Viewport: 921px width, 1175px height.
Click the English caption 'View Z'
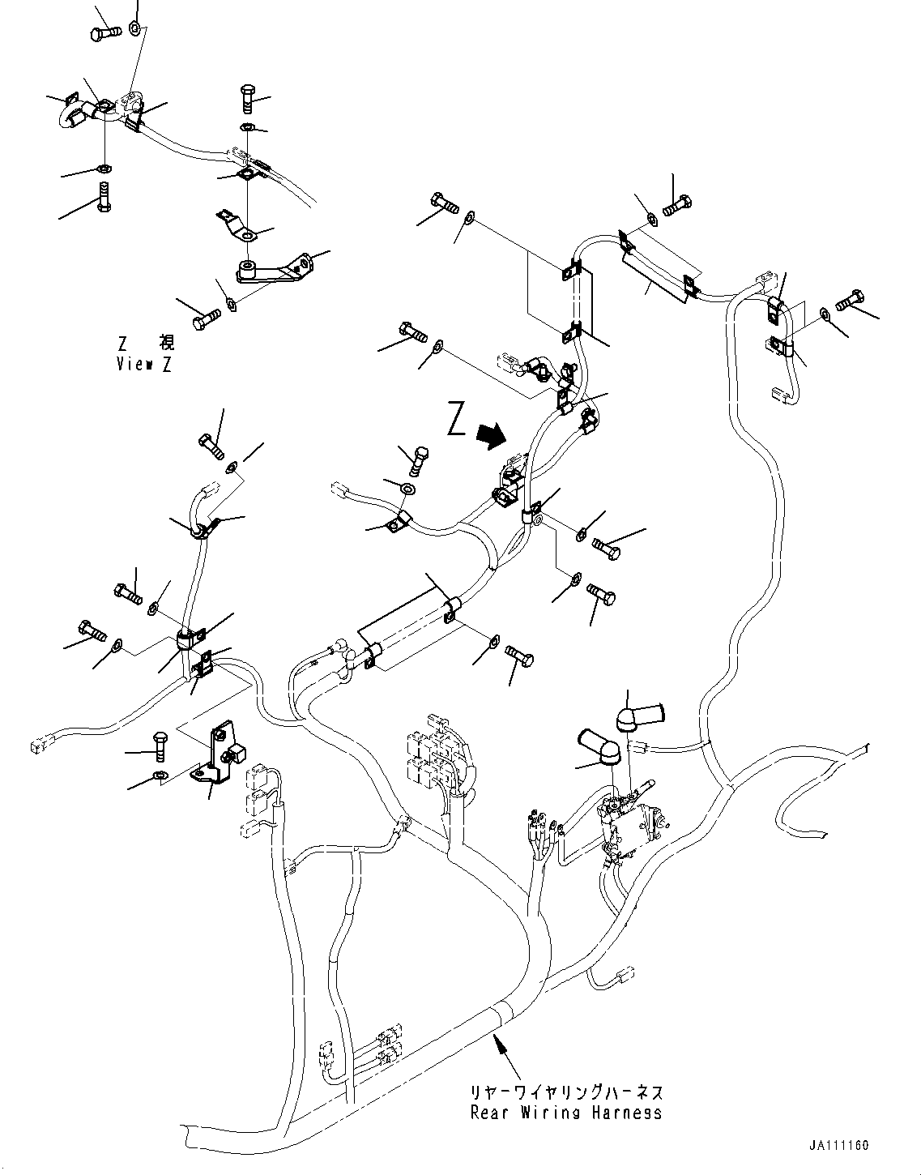[x=143, y=364]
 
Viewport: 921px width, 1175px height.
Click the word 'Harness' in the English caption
[x=625, y=1113]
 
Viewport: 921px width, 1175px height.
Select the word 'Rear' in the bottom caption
[x=488, y=1113]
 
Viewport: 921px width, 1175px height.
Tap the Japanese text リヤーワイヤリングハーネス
[x=565, y=1092]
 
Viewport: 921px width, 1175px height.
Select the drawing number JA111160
[x=838, y=1146]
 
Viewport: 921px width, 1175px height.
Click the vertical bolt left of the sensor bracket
[x=159, y=743]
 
